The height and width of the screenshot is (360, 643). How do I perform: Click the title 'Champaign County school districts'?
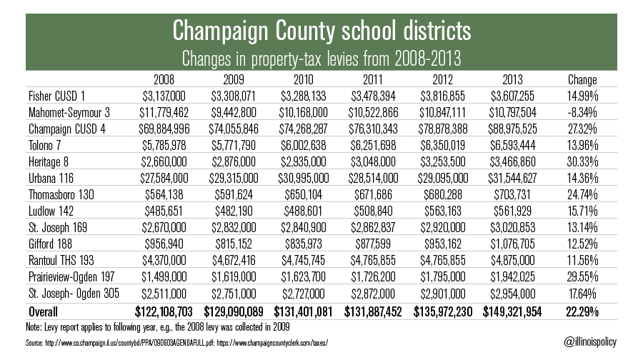321,31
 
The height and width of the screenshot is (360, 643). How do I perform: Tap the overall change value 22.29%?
582,311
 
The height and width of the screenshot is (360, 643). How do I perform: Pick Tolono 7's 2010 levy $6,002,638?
304,146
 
